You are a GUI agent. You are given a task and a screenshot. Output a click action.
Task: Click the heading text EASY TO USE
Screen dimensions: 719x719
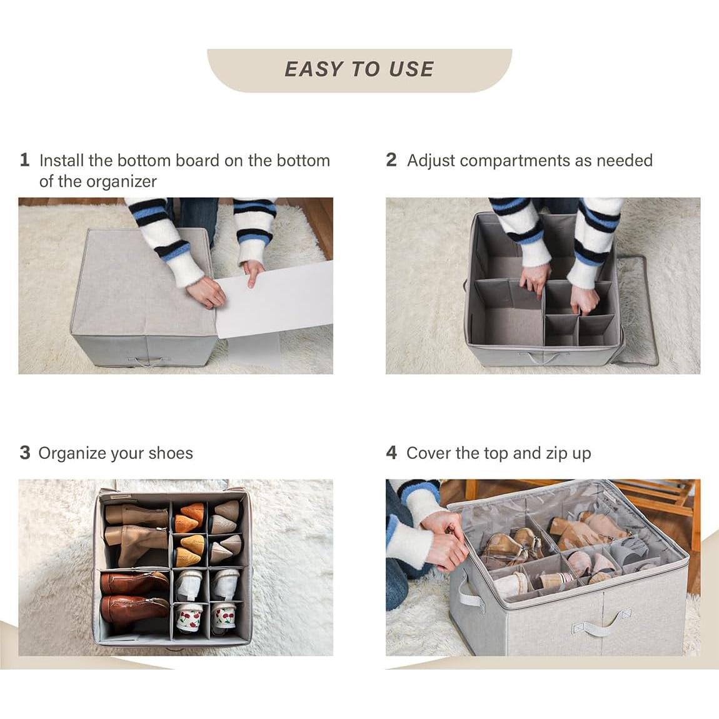tap(359, 69)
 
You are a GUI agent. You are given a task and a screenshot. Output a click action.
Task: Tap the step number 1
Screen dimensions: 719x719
tap(25, 160)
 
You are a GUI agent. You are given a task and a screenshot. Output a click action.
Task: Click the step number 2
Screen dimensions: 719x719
tap(391, 160)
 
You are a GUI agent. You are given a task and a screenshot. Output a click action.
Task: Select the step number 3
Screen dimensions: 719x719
tap(25, 453)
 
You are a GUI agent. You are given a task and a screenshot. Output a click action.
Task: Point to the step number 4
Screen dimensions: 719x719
tap(391, 453)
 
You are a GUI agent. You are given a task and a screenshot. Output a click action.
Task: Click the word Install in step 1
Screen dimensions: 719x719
tap(61, 160)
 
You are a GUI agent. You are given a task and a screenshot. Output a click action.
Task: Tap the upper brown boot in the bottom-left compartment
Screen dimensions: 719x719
tap(133, 583)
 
